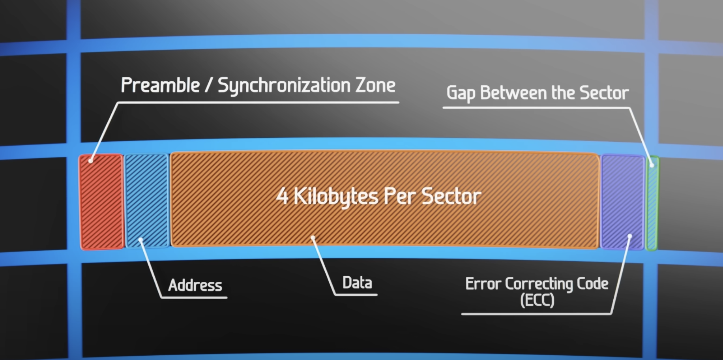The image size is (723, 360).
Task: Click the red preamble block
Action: [x=102, y=201]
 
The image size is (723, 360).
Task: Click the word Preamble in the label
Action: [x=160, y=86]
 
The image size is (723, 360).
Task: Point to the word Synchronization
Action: [x=284, y=86]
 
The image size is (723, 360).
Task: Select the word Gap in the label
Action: [x=461, y=94]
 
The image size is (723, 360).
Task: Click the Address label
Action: [x=195, y=285]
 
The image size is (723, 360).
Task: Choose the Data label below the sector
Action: [x=357, y=283]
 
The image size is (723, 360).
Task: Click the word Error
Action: [x=483, y=284]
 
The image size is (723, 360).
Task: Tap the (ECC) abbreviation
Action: [x=537, y=300]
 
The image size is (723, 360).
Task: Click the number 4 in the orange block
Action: [x=282, y=196]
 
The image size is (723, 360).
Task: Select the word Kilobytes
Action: [x=335, y=196]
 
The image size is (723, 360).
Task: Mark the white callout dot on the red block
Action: [x=91, y=161]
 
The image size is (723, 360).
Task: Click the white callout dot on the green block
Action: [x=652, y=165]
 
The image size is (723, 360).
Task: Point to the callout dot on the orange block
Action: [x=313, y=238]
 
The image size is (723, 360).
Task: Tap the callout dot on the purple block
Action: [x=630, y=236]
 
